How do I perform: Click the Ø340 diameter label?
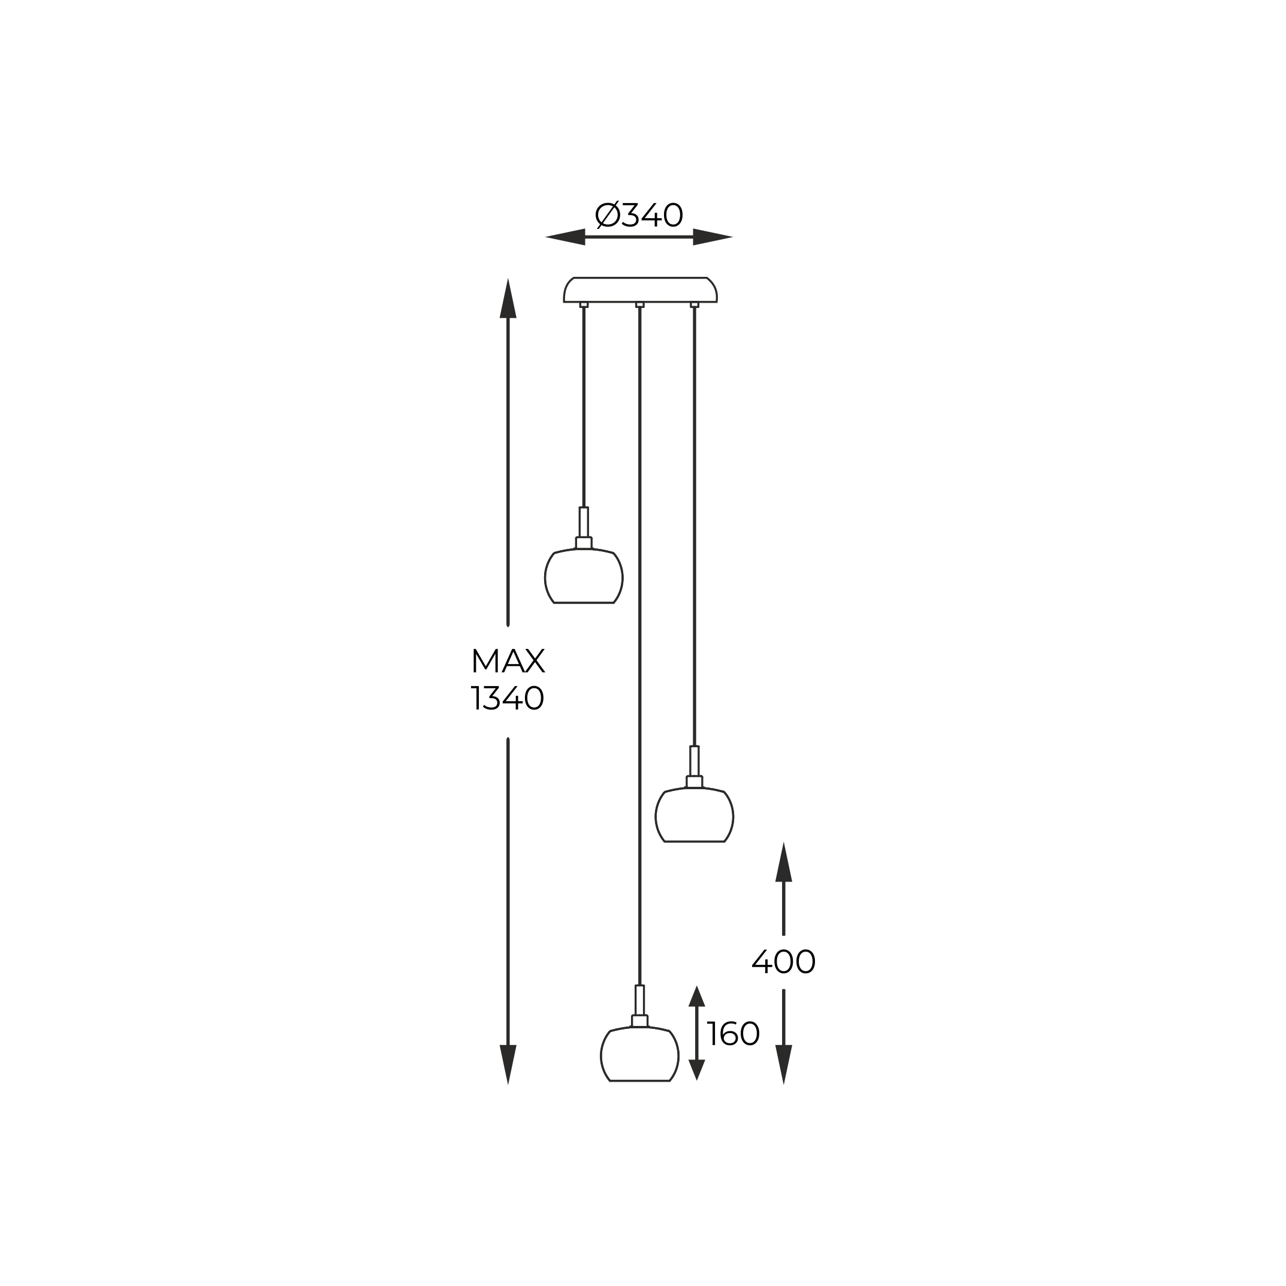pos(639,215)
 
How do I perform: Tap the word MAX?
pos(508,661)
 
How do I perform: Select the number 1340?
pos(508,698)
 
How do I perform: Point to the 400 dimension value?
pos(783,961)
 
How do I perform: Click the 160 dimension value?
pos(733,1034)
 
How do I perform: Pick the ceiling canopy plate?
pos(641,289)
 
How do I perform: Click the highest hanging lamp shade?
pos(584,576)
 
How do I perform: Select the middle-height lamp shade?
pos(695,815)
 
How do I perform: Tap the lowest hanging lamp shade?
pos(639,1053)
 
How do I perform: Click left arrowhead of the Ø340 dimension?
pos(565,237)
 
